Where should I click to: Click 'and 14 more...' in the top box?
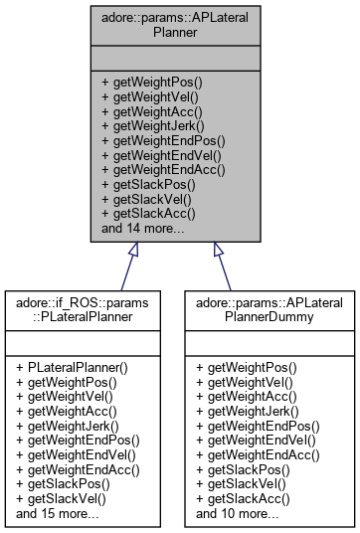143,228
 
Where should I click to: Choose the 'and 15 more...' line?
58,515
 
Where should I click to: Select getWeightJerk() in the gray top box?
150,126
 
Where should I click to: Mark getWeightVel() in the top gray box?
150,97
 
